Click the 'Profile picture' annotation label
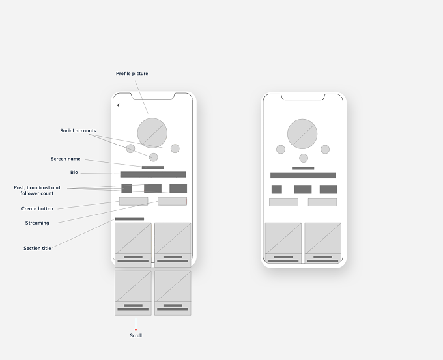[x=132, y=74]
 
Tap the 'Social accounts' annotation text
[x=78, y=130]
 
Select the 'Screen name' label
[x=66, y=159]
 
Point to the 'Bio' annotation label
[x=74, y=173]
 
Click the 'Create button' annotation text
[x=37, y=209]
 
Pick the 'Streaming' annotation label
[x=37, y=223]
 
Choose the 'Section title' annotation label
[x=37, y=248]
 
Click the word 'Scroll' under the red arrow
[x=136, y=335]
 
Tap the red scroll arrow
[x=136, y=324]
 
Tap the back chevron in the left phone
[x=119, y=105]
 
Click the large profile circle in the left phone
[x=152, y=133]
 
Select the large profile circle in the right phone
[x=302, y=134]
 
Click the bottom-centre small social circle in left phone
[x=153, y=158]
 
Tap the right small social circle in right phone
[x=325, y=149]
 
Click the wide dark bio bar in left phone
[x=153, y=174]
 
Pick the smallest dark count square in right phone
[x=277, y=189]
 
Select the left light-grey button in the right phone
[x=283, y=202]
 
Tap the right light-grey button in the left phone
[x=173, y=201]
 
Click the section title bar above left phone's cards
[x=130, y=219]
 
